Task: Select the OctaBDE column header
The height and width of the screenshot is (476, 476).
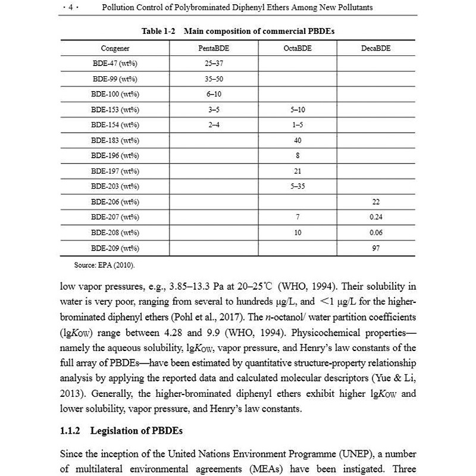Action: tap(297, 48)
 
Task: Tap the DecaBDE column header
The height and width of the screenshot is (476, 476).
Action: tap(375, 48)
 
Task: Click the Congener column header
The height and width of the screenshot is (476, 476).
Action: tap(115, 48)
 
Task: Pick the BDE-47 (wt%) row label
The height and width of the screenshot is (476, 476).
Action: tap(115, 63)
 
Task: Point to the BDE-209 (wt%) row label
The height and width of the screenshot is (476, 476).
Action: tap(115, 248)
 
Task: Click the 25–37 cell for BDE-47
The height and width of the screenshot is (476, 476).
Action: tap(214, 63)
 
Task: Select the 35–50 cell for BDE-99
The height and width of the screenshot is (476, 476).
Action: tap(214, 79)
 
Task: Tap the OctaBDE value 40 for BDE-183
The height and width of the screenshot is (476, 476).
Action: tap(297, 140)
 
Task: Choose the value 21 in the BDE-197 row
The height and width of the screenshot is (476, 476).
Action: tap(297, 171)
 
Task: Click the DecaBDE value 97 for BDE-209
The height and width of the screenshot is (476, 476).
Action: tap(375, 248)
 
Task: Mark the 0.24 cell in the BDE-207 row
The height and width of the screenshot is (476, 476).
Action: tap(375, 217)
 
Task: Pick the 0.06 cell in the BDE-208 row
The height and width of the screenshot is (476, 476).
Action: tap(375, 233)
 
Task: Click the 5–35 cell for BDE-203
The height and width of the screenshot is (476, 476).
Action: tap(297, 187)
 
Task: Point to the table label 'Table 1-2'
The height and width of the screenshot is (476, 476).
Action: tap(158, 30)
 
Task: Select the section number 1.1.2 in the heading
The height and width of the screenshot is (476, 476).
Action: tap(74, 430)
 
